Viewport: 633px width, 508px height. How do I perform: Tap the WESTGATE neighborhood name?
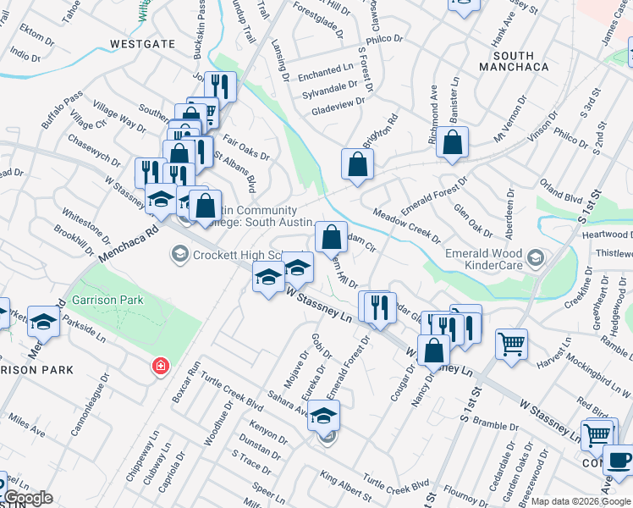coord(140,43)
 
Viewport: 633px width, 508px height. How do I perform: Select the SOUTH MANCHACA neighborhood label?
coord(514,58)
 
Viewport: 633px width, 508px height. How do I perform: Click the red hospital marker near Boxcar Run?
coord(159,367)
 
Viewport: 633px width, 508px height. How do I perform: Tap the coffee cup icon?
coord(618,461)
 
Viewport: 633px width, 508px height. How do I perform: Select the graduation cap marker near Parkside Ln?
coord(43,323)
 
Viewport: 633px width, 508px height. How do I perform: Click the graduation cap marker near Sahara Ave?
coord(322,416)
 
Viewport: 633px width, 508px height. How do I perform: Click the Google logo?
coord(28,499)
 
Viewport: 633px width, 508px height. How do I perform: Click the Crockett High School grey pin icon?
coord(179,253)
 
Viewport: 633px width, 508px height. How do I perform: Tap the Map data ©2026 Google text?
coord(581,501)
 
